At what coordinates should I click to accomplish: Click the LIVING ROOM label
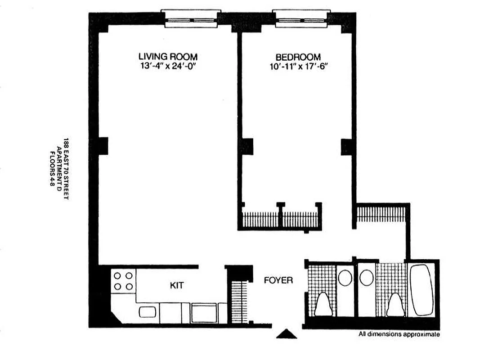pos(168,57)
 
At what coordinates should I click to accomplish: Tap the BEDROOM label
pos(298,58)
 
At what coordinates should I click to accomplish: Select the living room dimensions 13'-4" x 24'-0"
pos(168,67)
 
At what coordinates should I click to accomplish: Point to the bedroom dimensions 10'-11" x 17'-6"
pos(298,67)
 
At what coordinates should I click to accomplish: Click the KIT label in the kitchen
pos(177,285)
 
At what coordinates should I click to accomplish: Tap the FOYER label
pos(278,281)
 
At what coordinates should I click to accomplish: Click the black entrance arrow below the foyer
pos(286,333)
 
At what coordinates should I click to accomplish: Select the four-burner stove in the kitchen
pos(123,281)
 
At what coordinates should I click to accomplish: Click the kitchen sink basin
pos(147,312)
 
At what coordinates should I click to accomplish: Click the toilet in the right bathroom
pos(395,305)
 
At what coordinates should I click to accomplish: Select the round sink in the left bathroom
pos(345,278)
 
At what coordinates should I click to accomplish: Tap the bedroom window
pos(301,19)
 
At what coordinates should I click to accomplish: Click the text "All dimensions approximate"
pos(399,334)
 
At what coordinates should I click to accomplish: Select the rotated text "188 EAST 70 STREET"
pos(66,168)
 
